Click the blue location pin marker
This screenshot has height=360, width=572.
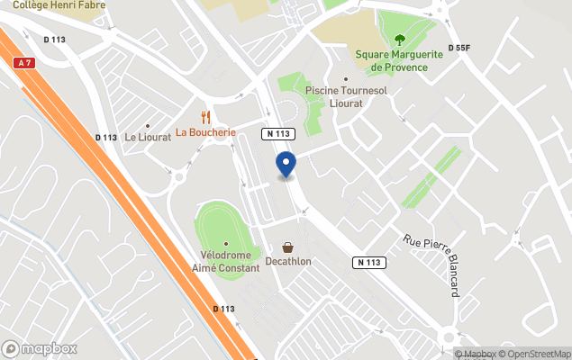click(286, 165)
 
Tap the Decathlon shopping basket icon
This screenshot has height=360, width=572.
click(287, 247)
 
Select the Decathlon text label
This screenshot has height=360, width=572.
click(288, 262)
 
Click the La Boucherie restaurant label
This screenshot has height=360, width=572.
click(205, 132)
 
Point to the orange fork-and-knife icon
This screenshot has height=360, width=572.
click(205, 116)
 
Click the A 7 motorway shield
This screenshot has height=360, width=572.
click(24, 63)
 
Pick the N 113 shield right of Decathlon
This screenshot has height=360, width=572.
click(370, 262)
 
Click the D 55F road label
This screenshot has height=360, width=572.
click(459, 48)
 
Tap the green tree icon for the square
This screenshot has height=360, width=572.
click(399, 39)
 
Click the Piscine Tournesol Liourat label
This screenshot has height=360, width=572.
click(345, 96)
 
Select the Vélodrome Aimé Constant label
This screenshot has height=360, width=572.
click(225, 262)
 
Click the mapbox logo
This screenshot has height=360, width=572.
click(40, 348)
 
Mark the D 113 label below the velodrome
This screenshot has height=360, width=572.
click(223, 309)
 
